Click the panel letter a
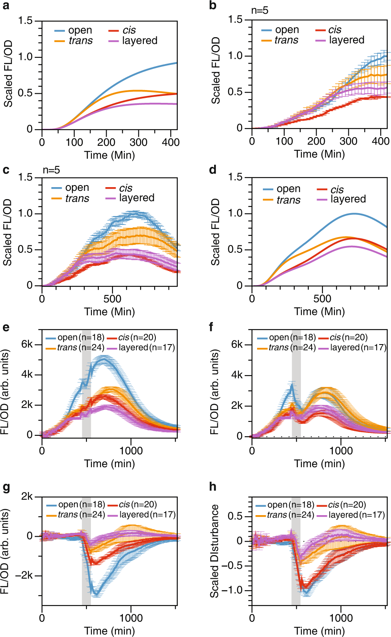point(6,6)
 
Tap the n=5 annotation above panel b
point(260,10)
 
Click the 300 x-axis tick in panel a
point(138,143)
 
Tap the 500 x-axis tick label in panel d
point(322,299)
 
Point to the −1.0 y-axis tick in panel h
point(232,590)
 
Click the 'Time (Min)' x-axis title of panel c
point(110,311)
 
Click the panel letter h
point(213,487)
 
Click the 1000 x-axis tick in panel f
point(341,450)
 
